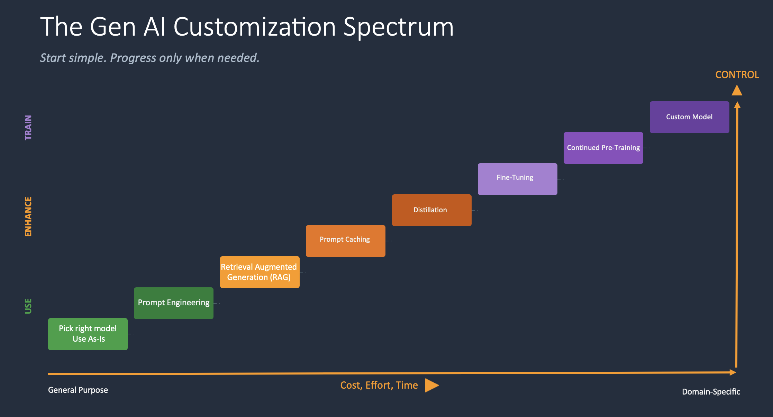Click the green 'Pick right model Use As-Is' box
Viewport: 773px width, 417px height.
[88, 334]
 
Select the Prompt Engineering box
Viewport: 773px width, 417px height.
[174, 303]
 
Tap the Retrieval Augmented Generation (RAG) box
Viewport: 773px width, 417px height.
[260, 272]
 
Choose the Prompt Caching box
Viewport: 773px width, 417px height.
[346, 241]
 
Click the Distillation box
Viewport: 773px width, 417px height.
[432, 210]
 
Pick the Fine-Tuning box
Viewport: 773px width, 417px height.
[518, 179]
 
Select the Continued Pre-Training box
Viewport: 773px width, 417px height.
[603, 148]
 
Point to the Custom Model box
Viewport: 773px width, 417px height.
[690, 117]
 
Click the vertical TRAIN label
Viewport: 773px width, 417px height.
[28, 128]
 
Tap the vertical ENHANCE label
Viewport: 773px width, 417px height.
[28, 217]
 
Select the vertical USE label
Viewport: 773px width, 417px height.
[28, 306]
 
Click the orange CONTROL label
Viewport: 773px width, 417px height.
[737, 75]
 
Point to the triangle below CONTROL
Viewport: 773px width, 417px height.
[737, 91]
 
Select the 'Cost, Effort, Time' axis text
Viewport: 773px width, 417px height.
[379, 386]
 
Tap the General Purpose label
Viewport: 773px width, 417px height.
[78, 390]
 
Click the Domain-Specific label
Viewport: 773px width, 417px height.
[711, 392]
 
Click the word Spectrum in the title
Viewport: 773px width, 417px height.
[398, 28]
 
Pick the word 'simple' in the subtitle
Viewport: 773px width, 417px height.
[88, 58]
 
